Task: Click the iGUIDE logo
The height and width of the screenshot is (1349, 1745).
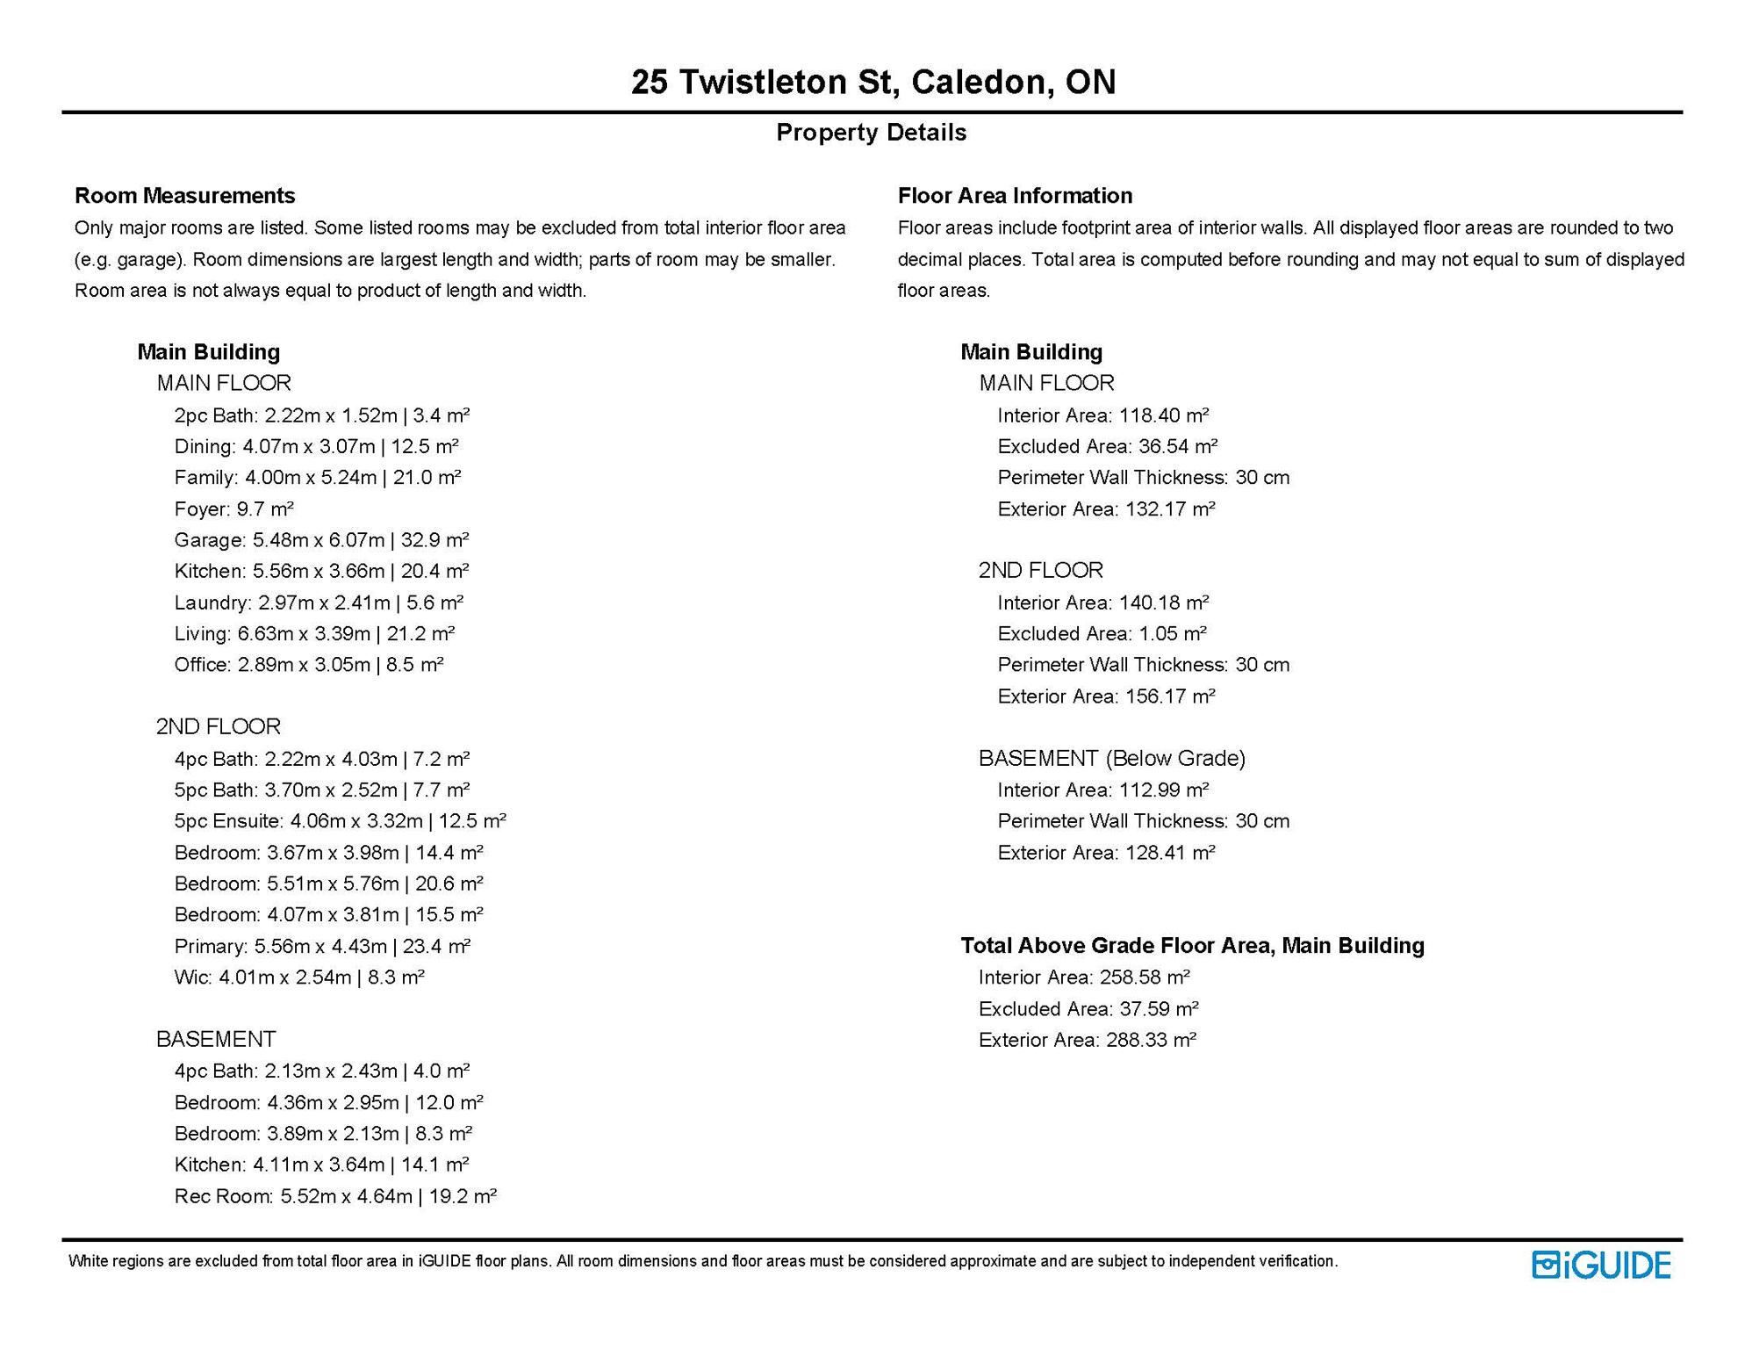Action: click(x=1601, y=1265)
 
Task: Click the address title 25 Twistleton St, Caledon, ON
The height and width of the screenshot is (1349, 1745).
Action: click(x=872, y=82)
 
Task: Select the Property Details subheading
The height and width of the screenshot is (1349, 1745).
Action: click(x=871, y=133)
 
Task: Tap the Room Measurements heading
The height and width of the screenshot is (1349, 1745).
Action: click(x=184, y=195)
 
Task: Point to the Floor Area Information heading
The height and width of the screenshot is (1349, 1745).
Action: click(x=1015, y=195)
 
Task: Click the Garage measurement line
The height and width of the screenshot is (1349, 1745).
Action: click(x=321, y=540)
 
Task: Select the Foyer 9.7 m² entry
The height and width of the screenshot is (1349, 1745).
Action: click(x=233, y=509)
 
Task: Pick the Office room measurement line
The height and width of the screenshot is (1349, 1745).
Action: click(x=309, y=665)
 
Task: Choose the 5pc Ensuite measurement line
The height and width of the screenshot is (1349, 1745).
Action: click(x=340, y=821)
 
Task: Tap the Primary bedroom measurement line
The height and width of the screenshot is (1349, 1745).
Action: click(x=322, y=946)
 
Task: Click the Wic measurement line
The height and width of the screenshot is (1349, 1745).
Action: click(x=299, y=977)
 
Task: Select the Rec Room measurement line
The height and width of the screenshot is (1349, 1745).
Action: click(x=335, y=1196)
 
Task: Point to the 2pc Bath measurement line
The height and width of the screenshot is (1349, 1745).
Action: click(x=321, y=415)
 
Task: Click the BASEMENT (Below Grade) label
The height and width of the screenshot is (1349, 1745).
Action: click(x=1111, y=758)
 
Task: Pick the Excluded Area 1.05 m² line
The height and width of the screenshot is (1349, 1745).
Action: click(x=1102, y=634)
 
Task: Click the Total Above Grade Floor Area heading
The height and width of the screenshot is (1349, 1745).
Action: click(x=1192, y=946)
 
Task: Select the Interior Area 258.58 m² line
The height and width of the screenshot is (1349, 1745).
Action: click(x=1084, y=977)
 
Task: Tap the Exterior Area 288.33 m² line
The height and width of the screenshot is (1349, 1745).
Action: click(x=1087, y=1040)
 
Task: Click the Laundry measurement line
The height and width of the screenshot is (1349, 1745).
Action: click(x=319, y=602)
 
